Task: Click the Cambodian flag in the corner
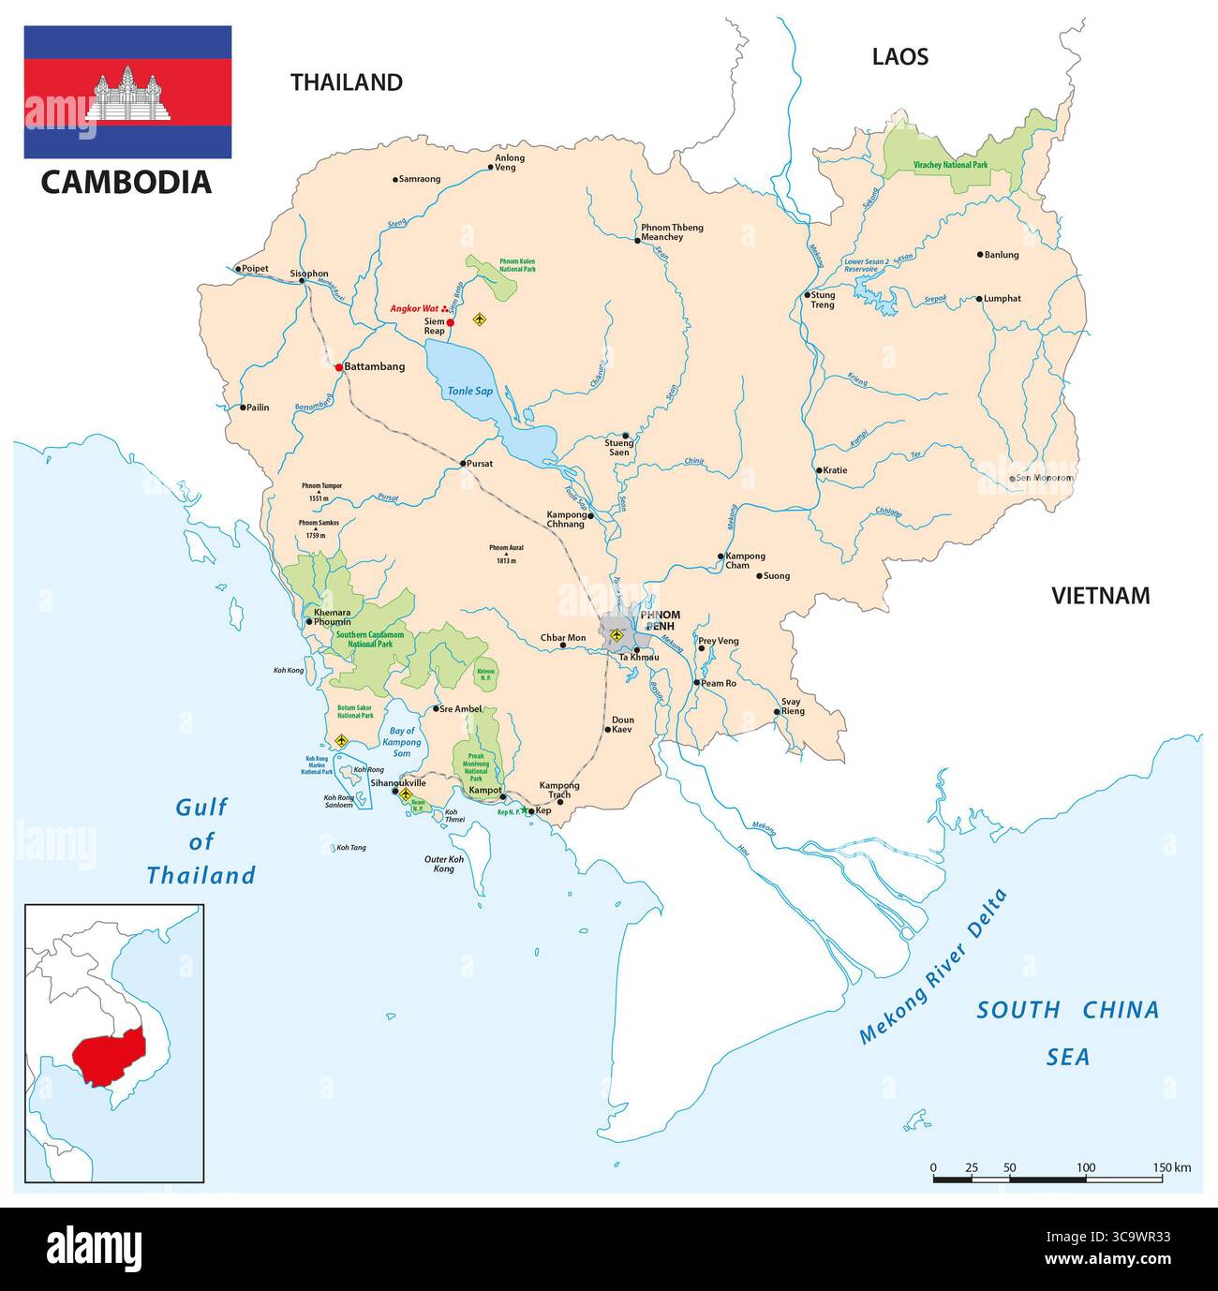127,92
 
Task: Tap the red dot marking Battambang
339,367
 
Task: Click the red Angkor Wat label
414,308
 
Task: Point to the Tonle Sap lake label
469,391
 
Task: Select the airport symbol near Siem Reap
481,319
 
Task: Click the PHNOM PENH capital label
660,620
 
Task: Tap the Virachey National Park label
949,165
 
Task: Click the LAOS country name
899,57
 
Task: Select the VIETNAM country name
1100,596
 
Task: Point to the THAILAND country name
346,82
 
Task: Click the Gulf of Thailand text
201,841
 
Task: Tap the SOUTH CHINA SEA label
1067,1032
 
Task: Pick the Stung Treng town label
822,300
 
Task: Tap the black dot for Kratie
818,470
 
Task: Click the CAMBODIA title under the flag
126,182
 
